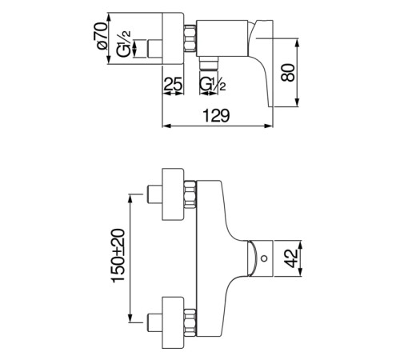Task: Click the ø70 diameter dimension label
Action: tap(102, 36)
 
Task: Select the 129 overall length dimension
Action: tap(216, 116)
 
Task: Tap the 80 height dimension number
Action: tap(288, 72)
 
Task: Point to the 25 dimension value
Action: tap(173, 84)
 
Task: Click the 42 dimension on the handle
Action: tap(291, 258)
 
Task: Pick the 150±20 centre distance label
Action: tap(118, 255)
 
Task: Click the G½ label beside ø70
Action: tap(124, 43)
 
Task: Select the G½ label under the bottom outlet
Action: tap(213, 84)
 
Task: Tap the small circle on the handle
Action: tap(264, 258)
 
